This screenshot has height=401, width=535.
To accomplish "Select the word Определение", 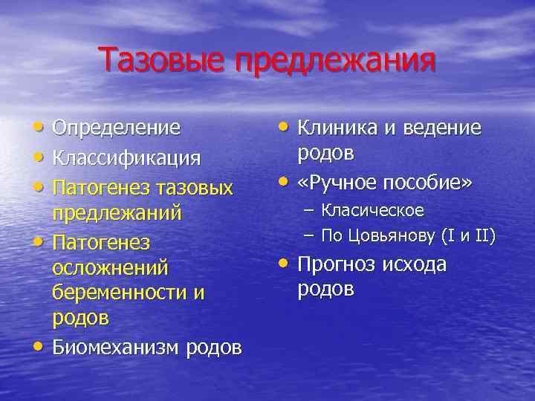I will [x=116, y=128].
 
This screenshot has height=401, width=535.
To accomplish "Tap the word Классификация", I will [x=126, y=157].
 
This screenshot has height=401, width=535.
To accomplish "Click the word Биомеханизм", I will [x=113, y=348].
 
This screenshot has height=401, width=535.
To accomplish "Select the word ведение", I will [x=441, y=128].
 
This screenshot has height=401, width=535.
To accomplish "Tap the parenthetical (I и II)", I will [x=467, y=236].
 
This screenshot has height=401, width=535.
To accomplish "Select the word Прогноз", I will [x=337, y=265].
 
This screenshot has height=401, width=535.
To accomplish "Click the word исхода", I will [x=415, y=265].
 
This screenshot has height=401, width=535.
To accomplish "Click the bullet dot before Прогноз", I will [x=283, y=264].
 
